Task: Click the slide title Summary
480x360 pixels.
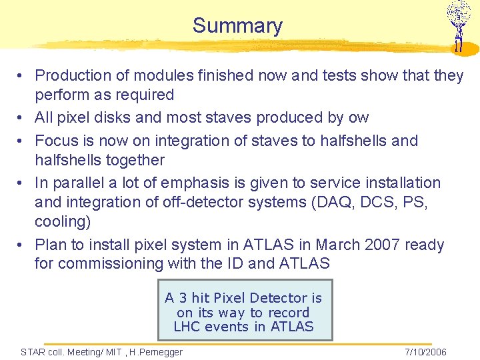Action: pyautogui.click(x=237, y=26)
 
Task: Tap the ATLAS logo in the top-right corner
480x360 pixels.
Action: pyautogui.click(x=458, y=26)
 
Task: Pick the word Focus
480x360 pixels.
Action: pyautogui.click(x=56, y=141)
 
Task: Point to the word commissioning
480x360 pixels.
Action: pyautogui.click(x=118, y=264)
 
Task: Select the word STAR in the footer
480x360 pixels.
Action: pyautogui.click(x=33, y=352)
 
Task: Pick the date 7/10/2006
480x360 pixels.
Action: pyautogui.click(x=425, y=352)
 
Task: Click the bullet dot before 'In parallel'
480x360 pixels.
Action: pyautogui.click(x=22, y=183)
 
